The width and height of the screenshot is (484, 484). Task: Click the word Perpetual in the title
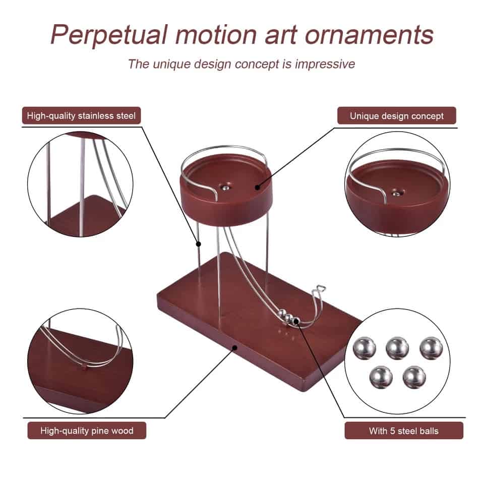click(109, 35)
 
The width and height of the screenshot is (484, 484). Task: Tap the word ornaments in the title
click(369, 35)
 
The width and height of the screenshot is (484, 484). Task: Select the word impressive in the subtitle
click(325, 64)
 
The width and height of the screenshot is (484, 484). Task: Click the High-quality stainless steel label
click(81, 116)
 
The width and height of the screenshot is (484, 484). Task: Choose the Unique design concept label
click(397, 116)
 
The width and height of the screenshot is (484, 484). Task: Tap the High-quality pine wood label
click(87, 431)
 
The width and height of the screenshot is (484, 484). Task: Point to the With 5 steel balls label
click(404, 431)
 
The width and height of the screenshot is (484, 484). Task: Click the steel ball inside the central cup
click(226, 188)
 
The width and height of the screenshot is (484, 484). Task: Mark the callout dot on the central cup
click(257, 187)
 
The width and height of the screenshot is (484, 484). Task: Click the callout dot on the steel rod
click(199, 244)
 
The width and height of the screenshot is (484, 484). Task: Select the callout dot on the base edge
click(234, 347)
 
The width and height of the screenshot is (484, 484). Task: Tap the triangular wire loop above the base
click(321, 289)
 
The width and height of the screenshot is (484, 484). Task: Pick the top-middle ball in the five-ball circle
click(397, 348)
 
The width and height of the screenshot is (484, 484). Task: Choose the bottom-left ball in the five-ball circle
click(381, 377)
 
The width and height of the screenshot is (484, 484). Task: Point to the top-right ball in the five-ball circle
click(431, 348)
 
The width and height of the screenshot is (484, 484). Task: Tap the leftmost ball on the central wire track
click(281, 314)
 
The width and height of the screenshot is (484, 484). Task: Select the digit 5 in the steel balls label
click(392, 431)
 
